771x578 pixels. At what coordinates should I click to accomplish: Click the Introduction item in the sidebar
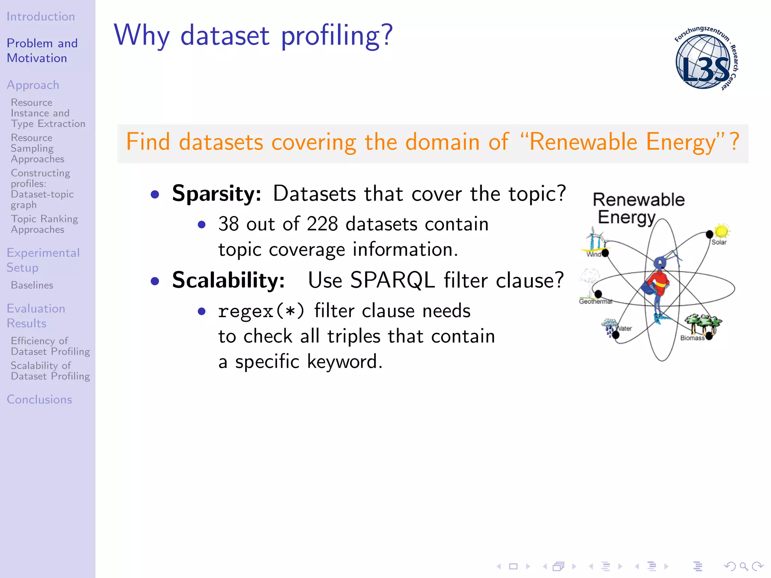pos(41,17)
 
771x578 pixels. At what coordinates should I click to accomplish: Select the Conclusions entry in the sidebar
pos(40,399)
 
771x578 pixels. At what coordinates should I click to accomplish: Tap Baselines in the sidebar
pos(32,285)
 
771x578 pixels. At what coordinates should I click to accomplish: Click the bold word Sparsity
pos(216,194)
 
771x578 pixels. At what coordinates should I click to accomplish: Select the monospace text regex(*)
pos(261,312)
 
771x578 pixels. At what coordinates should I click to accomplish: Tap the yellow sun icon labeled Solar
pos(721,231)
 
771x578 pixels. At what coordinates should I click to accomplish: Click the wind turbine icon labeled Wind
pos(594,239)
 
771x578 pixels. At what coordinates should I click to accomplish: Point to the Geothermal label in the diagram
pos(595,301)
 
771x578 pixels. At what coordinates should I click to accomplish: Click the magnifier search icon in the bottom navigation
pos(744,566)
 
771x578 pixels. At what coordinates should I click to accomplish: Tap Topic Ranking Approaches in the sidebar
pos(44,224)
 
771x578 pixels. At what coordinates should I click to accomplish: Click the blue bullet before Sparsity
pos(155,195)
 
